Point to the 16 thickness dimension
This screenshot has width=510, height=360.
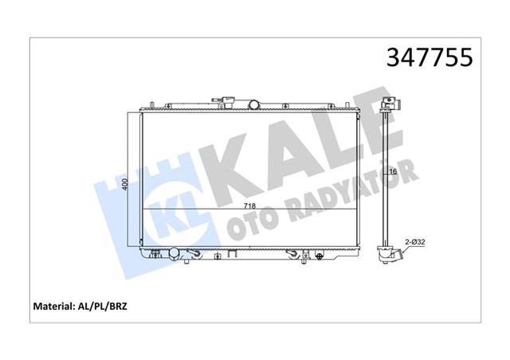coord(393,171)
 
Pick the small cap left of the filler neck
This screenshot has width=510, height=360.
coord(221,102)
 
